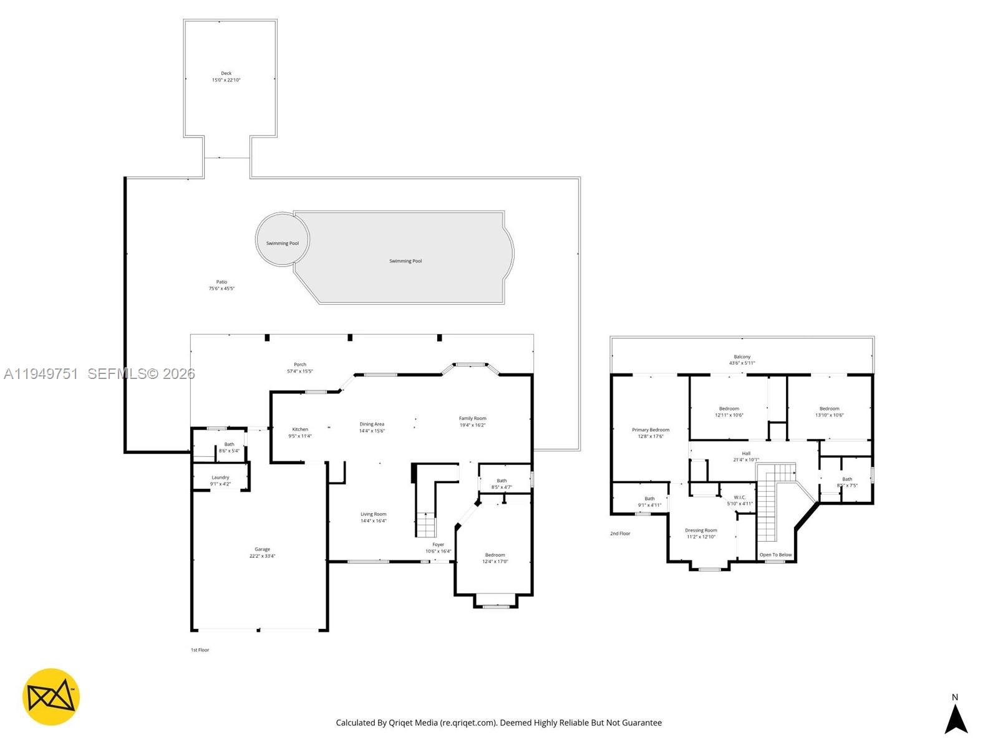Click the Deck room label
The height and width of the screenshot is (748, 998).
click(226, 74)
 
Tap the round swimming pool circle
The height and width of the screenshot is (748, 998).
click(282, 239)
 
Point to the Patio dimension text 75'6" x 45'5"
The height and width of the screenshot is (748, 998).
click(221, 289)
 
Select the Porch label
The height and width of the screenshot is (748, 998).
click(300, 365)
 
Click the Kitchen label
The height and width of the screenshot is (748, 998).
click(300, 429)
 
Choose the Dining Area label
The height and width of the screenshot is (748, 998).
click(372, 424)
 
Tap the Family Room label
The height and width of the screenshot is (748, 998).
click(472, 419)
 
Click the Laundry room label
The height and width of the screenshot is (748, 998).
click(220, 477)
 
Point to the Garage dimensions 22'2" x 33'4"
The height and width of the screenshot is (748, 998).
click(262, 556)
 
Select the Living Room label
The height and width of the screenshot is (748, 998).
click(373, 514)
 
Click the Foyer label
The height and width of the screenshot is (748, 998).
click(438, 545)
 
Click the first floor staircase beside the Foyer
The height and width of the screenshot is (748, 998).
click(426, 525)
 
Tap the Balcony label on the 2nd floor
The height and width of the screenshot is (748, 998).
click(742, 357)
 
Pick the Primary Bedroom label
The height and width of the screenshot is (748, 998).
click(650, 430)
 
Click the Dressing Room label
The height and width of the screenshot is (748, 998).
click(700, 530)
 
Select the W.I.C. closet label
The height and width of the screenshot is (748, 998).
click(740, 497)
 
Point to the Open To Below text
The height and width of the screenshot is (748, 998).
click(775, 555)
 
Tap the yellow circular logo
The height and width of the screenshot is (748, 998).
click(51, 697)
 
